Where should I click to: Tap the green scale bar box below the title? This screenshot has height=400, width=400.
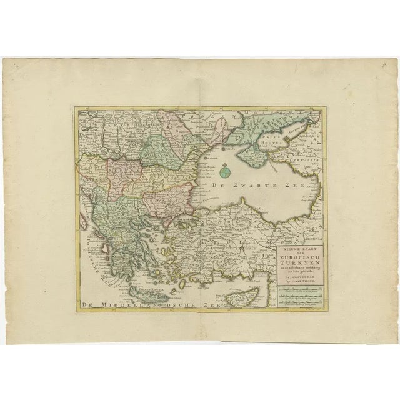[x=294, y=293]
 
